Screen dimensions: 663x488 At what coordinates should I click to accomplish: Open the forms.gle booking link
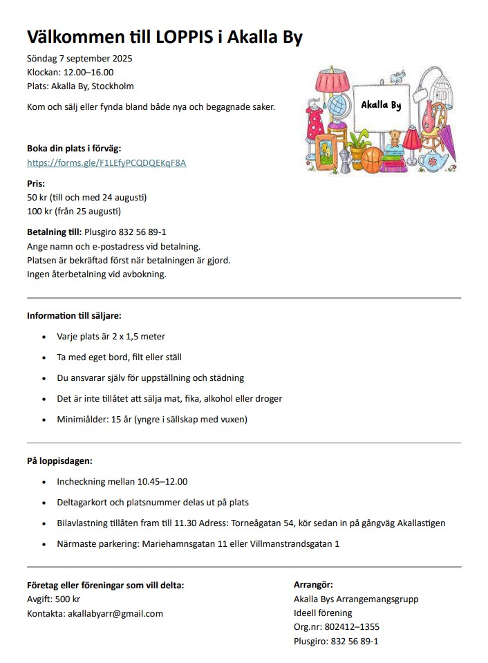(106, 163)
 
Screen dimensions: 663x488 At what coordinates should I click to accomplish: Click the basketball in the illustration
(372, 159)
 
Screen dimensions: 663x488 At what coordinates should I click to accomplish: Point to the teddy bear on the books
(395, 136)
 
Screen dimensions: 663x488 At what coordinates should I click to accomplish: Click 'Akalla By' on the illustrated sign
(381, 106)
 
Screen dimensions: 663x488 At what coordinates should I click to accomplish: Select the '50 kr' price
(37, 197)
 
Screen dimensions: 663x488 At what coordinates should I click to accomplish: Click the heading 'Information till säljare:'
(74, 316)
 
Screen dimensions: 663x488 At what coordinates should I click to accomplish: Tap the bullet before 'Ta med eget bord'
(45, 357)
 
